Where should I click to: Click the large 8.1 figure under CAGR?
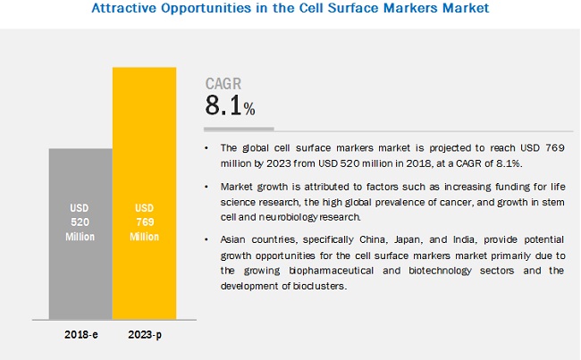pos(224,105)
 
